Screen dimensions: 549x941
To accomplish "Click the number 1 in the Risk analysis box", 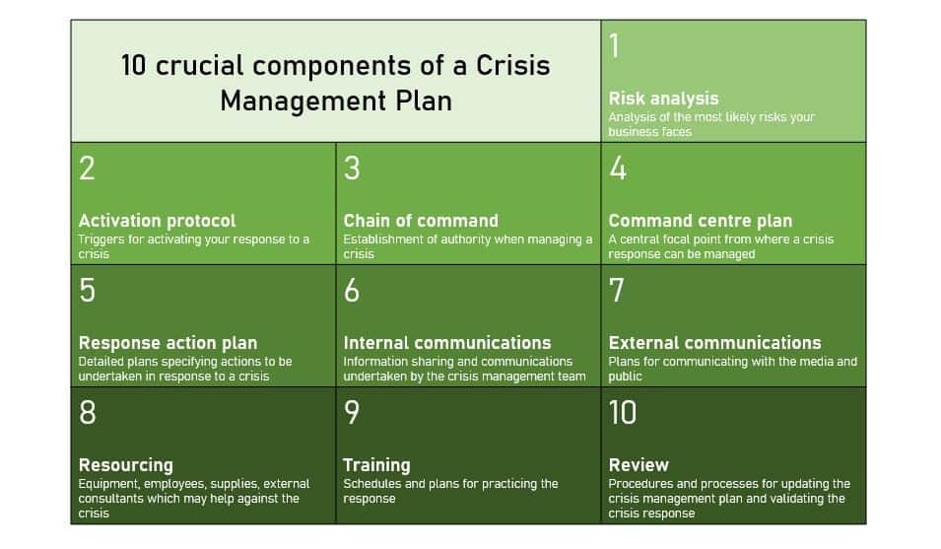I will pos(615,46).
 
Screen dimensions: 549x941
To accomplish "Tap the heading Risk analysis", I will pos(663,99).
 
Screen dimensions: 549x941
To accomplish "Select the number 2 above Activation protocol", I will pos(87,169).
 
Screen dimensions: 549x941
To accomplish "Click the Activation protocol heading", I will pos(157,221).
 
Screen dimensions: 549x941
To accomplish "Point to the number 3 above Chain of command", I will pos(352,169).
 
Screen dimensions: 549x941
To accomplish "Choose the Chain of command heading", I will pos(421,221).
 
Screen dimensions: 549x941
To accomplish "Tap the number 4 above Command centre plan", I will pos(618,169).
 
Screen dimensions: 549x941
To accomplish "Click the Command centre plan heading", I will pos(700,221).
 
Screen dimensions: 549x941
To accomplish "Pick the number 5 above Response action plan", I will pos(87,291).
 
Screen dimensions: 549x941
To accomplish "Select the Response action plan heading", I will pos(168,343).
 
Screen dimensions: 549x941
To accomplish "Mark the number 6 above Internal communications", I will pos(352,291).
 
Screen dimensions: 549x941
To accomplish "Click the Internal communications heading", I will pos(447,343).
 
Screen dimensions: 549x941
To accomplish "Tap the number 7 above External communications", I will pos(618,291).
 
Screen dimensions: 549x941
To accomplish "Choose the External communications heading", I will pos(714,343).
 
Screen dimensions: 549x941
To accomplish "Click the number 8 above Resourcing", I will pos(87,413).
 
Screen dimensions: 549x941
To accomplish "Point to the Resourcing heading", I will pos(125,465).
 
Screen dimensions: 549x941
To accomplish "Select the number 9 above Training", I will pos(352,413).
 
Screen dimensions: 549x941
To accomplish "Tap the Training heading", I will pos(376,465).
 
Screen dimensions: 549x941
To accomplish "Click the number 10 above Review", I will pos(623,413).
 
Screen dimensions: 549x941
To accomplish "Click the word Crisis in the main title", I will pos(512,66).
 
